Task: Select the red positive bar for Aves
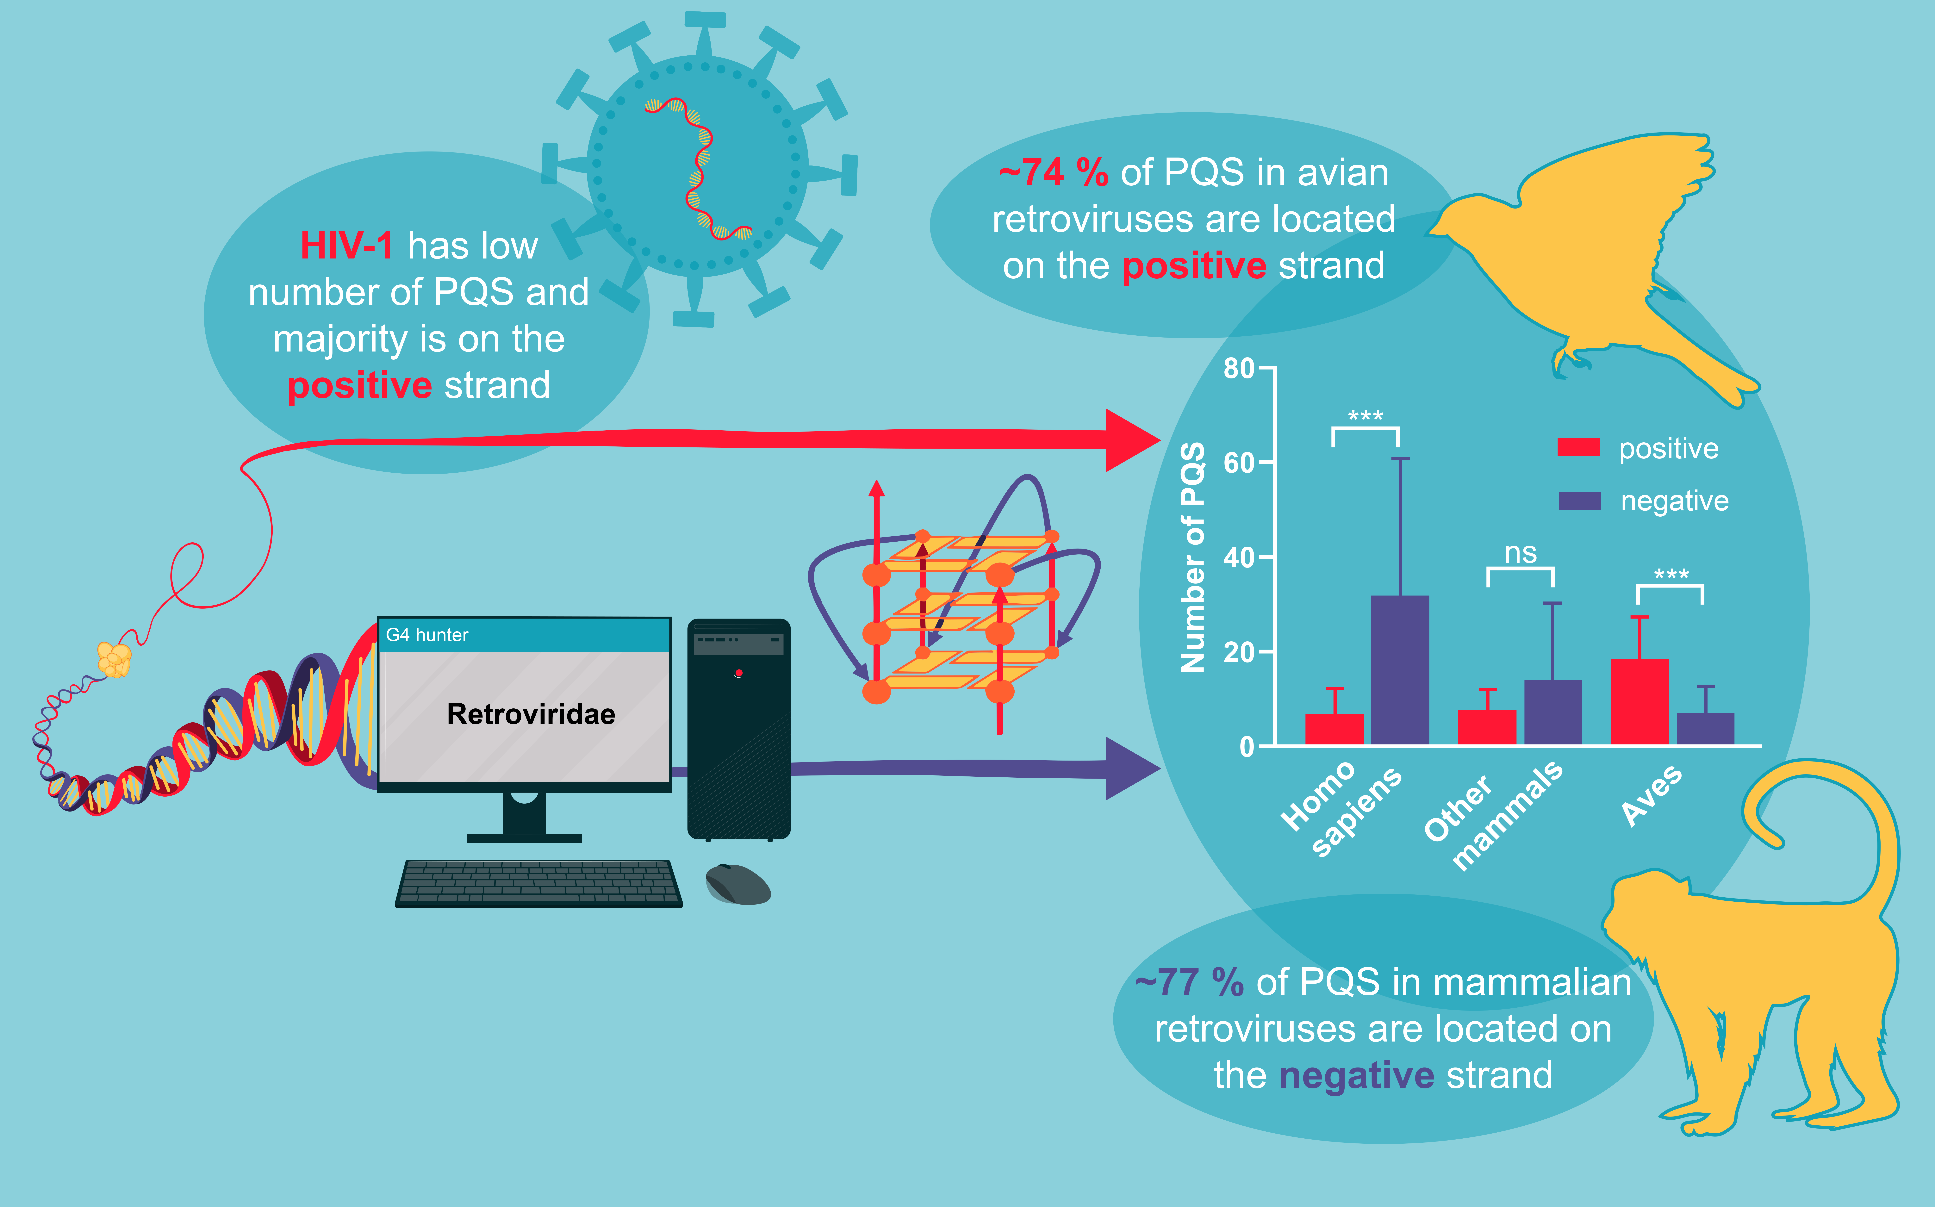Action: click(x=1640, y=702)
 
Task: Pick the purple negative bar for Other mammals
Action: click(x=1553, y=712)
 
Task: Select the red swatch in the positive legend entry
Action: click(x=1578, y=447)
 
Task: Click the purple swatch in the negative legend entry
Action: click(x=1580, y=501)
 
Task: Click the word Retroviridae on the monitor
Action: click(x=531, y=714)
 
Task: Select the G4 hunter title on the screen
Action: click(x=427, y=635)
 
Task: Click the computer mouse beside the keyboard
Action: click(x=738, y=884)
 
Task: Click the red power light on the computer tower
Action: click(x=738, y=673)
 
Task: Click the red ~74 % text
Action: click(x=1054, y=172)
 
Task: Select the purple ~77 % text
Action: click(x=1189, y=982)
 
